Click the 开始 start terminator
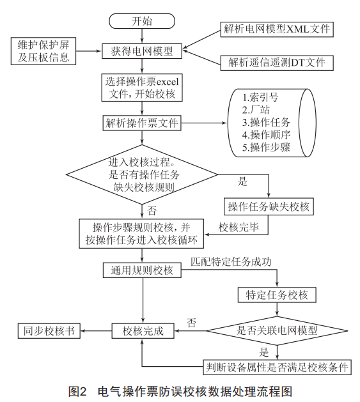142,21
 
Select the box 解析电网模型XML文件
277,29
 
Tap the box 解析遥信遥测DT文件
277,63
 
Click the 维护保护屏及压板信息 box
43,51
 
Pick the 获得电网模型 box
142,51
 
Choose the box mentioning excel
142,88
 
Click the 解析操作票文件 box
142,123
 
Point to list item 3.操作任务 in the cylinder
266,122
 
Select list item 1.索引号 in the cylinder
260,97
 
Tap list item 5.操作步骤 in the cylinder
266,147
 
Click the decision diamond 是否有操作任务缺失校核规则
142,174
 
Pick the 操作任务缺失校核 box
269,206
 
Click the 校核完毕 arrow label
239,227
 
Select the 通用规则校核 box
142,270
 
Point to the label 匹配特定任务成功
231,262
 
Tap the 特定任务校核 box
277,295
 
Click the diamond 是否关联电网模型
277,330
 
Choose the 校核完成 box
143,330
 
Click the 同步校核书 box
49,330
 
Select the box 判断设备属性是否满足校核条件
277,367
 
